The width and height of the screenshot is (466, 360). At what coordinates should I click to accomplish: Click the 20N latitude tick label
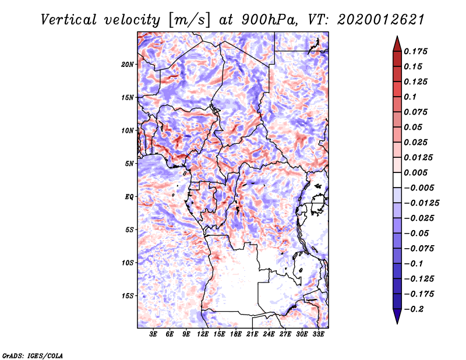[128, 64]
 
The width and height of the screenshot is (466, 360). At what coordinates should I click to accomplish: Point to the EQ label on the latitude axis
[129, 196]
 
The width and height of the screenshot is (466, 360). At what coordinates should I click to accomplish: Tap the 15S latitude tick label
[128, 295]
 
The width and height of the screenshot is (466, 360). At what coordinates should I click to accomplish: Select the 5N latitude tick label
[129, 163]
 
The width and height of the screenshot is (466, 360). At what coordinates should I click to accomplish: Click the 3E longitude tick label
[154, 334]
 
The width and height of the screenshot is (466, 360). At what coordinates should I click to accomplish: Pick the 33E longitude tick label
[318, 334]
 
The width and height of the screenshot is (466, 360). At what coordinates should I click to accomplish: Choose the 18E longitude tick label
[236, 334]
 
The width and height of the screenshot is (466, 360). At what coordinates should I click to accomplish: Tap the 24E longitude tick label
[269, 334]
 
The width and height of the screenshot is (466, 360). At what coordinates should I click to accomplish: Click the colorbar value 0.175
[417, 51]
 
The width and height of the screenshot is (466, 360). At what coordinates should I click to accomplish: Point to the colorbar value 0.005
[417, 172]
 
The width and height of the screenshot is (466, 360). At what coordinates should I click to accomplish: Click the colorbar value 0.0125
[419, 157]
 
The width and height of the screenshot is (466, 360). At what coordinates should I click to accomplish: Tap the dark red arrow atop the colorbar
[397, 43]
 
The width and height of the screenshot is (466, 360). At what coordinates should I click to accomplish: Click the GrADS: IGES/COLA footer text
[33, 354]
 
